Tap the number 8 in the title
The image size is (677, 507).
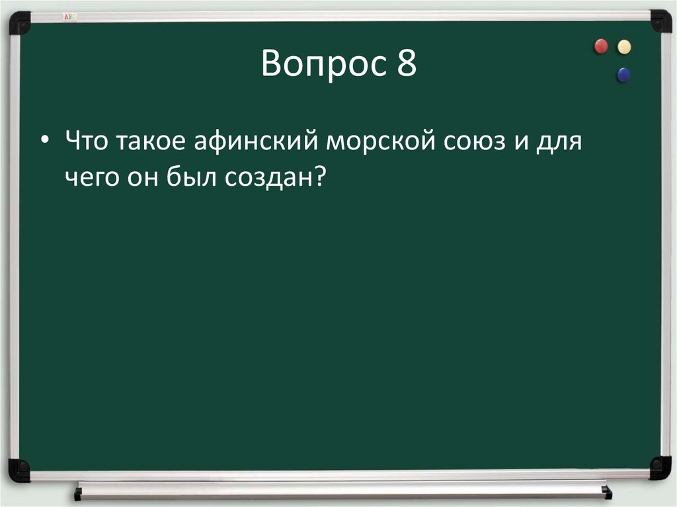[x=407, y=65]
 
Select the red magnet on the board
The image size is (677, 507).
[x=601, y=46]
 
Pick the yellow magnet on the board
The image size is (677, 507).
[x=623, y=46]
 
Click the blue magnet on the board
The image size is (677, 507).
[x=623, y=75]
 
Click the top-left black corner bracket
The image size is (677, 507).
[x=20, y=22]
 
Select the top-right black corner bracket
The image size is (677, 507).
[x=660, y=21]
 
